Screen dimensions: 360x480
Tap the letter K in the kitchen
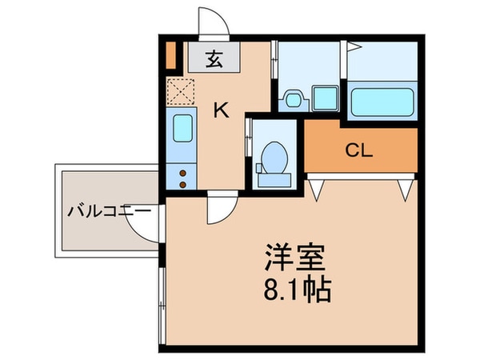pos(221,111)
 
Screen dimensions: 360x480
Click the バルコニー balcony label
pos(109,213)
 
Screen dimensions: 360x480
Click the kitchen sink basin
pos(182,128)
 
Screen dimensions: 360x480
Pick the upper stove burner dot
pos(182,171)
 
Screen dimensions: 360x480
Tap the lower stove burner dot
pos(182,183)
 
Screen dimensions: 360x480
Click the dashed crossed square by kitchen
pos(181,94)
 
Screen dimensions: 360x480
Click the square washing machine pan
pos(326,99)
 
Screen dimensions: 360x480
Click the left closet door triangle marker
pos(318,189)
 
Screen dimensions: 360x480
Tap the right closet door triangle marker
pos(406,189)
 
